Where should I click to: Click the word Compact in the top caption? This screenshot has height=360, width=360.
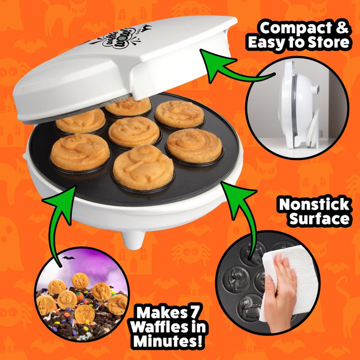pyautogui.click(x=292, y=28)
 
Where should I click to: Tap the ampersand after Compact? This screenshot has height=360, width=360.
pyautogui.click(x=342, y=28)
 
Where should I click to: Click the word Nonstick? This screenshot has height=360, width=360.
pyautogui.click(x=314, y=205)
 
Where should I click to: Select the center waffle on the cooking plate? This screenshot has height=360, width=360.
pyautogui.click(x=134, y=131)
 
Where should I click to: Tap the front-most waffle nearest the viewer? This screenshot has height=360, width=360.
pyautogui.click(x=143, y=166)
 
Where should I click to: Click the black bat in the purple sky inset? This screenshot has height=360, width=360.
pyautogui.click(x=68, y=259)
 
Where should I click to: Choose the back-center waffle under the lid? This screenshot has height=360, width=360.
pyautogui.click(x=128, y=106)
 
